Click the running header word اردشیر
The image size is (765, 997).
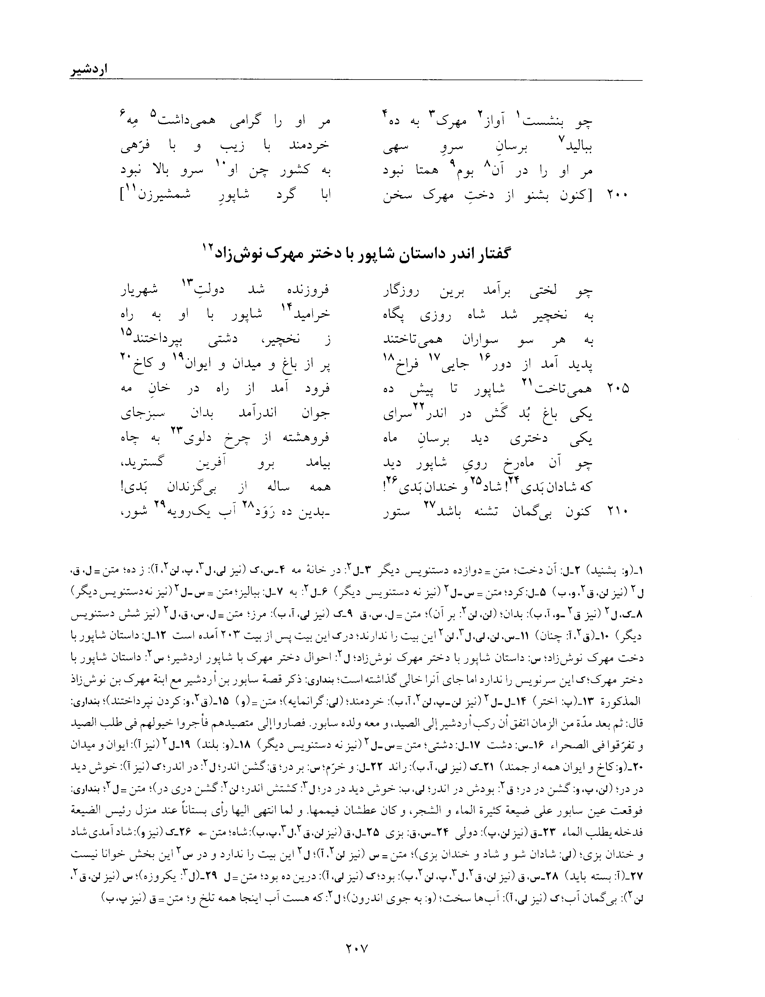[90, 72]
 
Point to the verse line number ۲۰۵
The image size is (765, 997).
[617, 388]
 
